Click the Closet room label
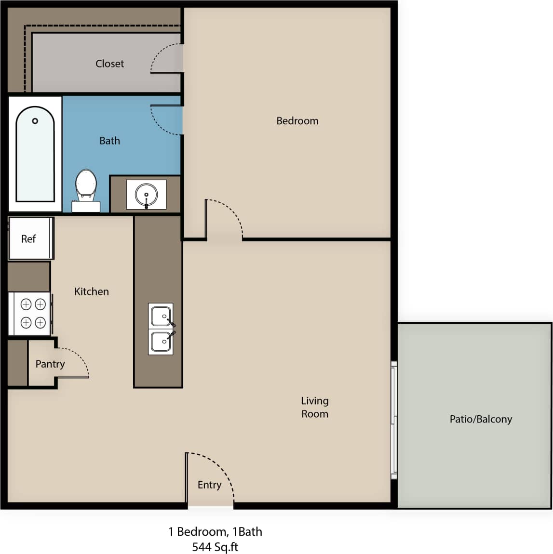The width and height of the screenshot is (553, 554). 109,64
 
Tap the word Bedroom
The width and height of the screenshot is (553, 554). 297,121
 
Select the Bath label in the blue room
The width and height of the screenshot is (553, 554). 109,141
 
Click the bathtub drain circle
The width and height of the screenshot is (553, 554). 35,121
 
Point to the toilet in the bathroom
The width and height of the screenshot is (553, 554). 86,188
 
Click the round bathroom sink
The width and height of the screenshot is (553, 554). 146,195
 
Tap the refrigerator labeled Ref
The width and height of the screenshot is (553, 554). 29,238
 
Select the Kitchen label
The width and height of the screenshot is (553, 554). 91,291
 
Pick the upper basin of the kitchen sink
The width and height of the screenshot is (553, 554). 161,317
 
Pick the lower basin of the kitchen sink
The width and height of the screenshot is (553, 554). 161,342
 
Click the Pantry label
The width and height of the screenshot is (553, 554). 50,364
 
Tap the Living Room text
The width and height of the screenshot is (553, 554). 314,407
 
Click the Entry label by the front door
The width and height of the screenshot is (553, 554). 209,485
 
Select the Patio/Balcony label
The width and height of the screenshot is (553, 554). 480,419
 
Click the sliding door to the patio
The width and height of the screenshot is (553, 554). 393,420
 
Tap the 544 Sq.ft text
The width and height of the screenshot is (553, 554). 215,547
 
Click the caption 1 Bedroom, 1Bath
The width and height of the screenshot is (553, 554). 215,532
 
